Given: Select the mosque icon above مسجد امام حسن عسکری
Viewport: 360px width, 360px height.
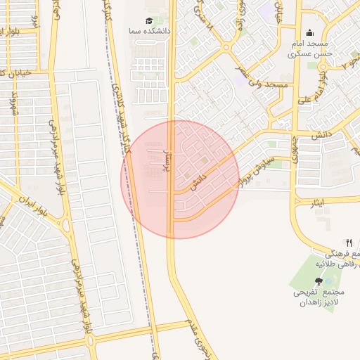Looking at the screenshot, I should [310, 32].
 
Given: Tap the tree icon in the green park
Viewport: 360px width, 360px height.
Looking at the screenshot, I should [319, 280].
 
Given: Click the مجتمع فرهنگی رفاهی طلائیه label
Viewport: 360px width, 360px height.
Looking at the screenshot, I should [340, 258].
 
